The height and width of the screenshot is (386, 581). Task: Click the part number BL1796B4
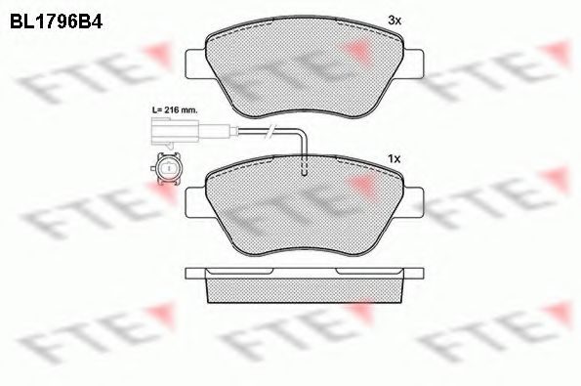coord(56,18)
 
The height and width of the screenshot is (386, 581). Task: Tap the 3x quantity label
coord(395,19)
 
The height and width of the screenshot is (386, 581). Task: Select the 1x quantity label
coord(395,157)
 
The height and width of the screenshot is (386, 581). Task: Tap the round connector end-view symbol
coord(166,171)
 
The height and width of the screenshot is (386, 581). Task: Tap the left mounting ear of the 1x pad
coord(195,201)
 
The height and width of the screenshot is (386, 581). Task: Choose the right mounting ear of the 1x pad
coord(414,201)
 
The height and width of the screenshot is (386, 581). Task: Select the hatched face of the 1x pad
coord(305,210)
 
